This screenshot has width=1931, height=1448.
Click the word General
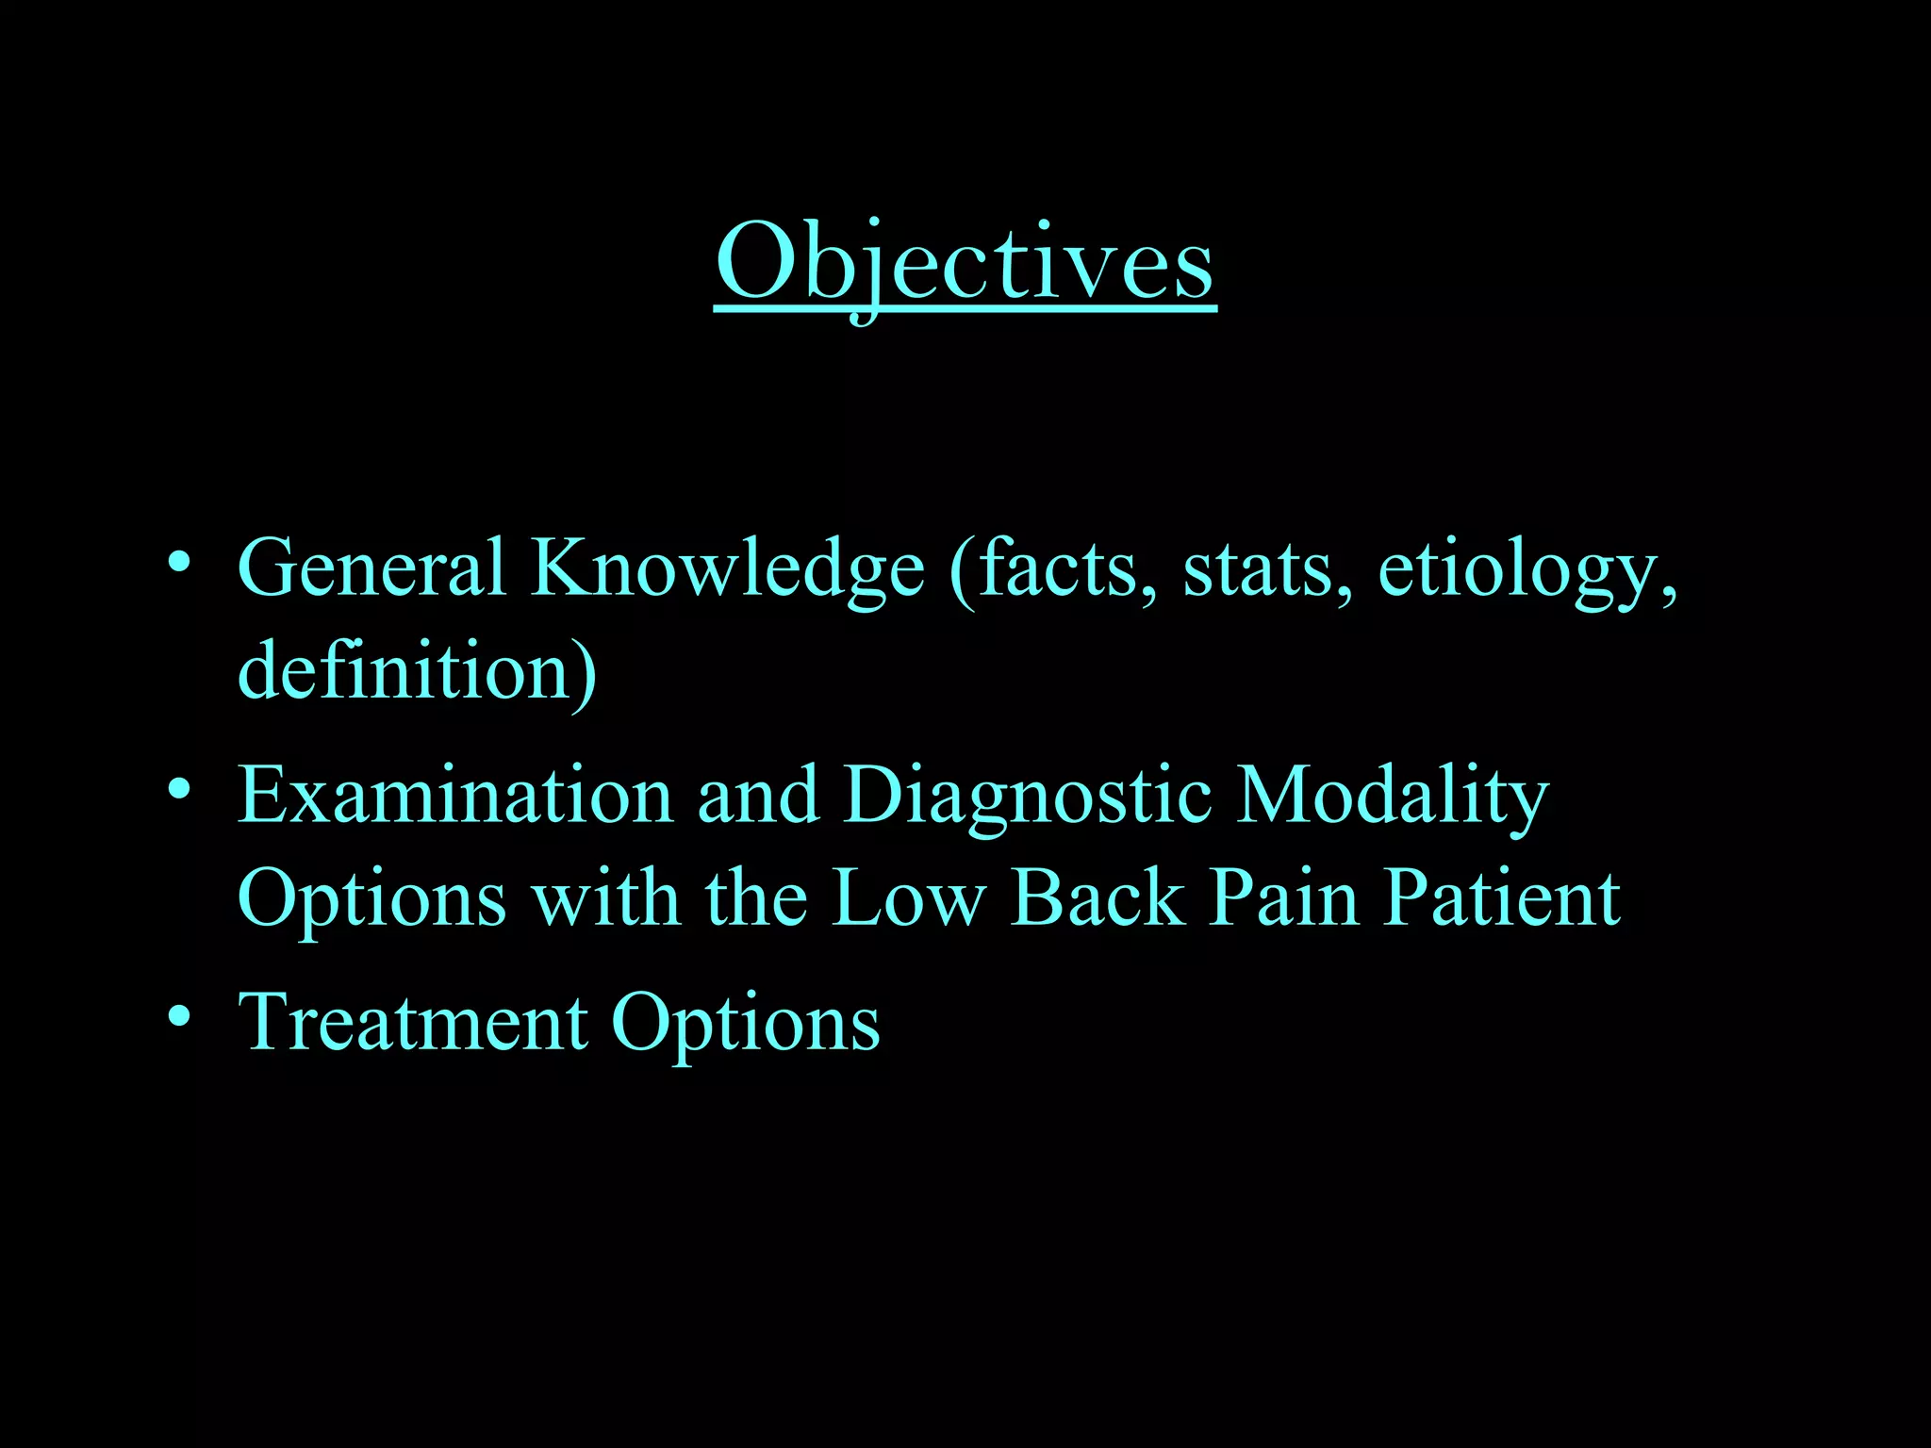pos(371,568)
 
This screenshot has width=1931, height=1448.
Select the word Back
pos(1098,897)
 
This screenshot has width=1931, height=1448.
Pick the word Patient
pos(1502,897)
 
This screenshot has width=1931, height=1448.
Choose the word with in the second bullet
pos(605,897)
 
